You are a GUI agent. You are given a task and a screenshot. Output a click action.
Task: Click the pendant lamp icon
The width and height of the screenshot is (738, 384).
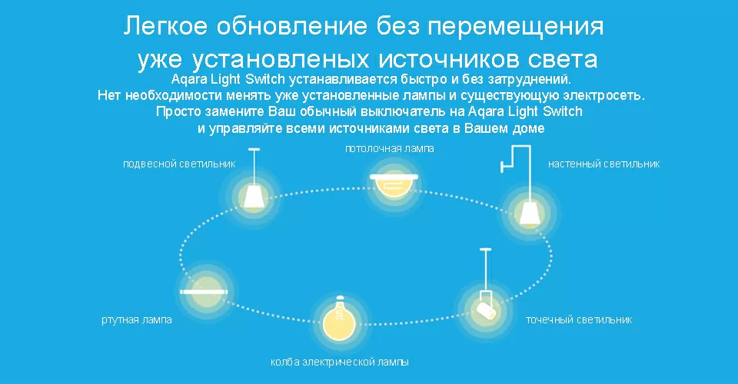click(254, 194)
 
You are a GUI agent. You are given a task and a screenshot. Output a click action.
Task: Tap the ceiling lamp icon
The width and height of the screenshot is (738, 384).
click(394, 185)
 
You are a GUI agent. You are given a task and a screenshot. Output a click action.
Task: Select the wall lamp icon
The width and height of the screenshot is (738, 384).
click(528, 209)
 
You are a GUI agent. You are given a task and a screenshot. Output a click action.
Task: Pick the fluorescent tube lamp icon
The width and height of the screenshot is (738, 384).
click(204, 293)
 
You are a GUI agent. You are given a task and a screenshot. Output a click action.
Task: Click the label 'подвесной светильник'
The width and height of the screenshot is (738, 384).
click(179, 164)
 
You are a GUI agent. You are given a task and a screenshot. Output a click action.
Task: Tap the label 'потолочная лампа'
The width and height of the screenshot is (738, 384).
click(389, 148)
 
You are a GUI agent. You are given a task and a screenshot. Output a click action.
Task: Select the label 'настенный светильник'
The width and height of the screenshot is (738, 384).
click(603, 164)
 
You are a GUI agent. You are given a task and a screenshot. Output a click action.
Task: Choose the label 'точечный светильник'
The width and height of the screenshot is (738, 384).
click(578, 319)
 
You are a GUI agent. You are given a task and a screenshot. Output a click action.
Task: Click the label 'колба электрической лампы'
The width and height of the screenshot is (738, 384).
click(340, 361)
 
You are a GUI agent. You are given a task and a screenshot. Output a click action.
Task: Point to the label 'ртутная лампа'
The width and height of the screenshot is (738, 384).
click(137, 319)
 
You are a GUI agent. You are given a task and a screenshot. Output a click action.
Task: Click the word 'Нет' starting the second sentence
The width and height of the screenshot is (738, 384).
click(109, 96)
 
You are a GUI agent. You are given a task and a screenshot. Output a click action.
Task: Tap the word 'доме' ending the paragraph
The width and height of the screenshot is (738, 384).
click(529, 128)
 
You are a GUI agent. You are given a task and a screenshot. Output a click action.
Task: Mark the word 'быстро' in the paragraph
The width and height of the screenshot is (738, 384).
click(417, 79)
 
